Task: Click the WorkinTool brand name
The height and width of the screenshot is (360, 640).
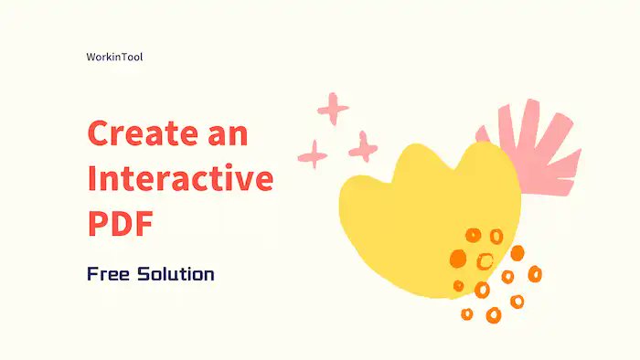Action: [113, 57]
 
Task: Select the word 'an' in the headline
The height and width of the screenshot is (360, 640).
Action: [227, 134]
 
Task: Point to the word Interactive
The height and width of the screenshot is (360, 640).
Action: [180, 179]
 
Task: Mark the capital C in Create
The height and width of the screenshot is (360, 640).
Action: [99, 134]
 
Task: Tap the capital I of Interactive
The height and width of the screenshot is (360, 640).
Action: [91, 179]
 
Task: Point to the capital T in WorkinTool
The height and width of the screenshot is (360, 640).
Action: [123, 57]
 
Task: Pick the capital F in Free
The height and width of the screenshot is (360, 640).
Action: [92, 273]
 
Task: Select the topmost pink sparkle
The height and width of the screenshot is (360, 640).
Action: [333, 110]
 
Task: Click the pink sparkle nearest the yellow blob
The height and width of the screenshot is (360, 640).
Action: [363, 145]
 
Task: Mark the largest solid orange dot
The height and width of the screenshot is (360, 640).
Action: [456, 259]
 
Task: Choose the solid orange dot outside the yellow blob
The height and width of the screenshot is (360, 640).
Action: [517, 253]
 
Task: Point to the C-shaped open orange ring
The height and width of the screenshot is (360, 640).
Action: [485, 261]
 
